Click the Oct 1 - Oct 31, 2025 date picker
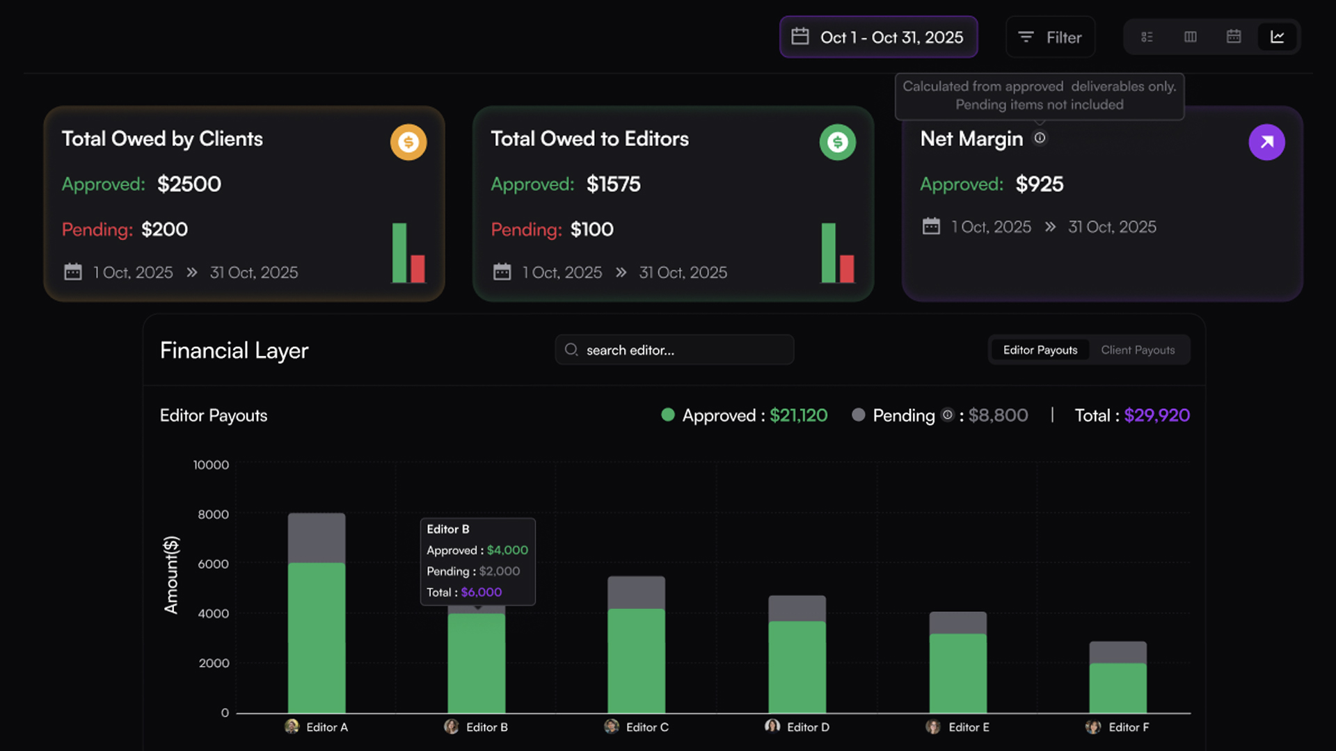878,38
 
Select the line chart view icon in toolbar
1277,37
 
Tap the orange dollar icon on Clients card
408,143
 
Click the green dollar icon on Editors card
837,143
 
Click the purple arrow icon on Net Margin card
1266,143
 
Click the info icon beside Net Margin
1040,138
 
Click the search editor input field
675,350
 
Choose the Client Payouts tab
1138,350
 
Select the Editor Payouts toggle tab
1040,350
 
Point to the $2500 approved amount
189,184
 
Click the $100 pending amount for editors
591,229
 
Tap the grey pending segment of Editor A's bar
317,538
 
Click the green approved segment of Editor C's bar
636,661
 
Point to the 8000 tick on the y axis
213,515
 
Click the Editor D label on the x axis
807,727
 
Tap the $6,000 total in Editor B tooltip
481,592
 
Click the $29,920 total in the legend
1156,416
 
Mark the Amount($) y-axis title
171,574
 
